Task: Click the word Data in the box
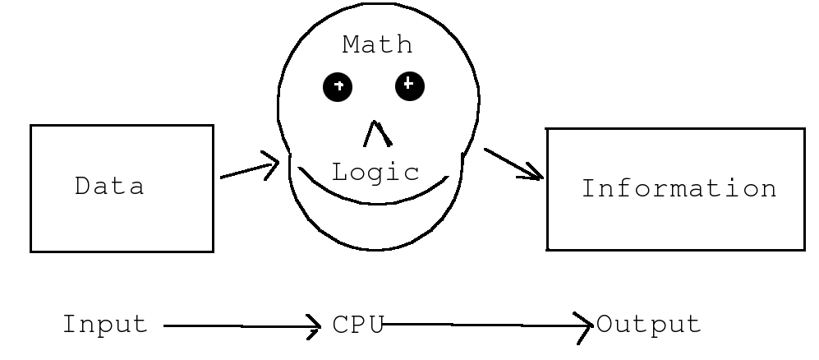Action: pyautogui.click(x=109, y=187)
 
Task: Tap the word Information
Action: pyautogui.click(x=679, y=188)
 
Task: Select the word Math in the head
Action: pyautogui.click(x=377, y=44)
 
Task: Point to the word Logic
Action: pyautogui.click(x=375, y=173)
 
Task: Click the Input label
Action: pyautogui.click(x=105, y=325)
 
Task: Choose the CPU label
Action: pyautogui.click(x=358, y=325)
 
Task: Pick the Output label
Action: pyautogui.click(x=649, y=325)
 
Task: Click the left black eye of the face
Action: pyautogui.click(x=338, y=86)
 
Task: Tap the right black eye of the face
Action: pyautogui.click(x=409, y=85)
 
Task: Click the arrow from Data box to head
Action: pyautogui.click(x=250, y=168)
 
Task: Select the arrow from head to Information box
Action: pyautogui.click(x=513, y=164)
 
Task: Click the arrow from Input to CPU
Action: pyautogui.click(x=242, y=327)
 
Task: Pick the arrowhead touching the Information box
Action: pyautogui.click(x=535, y=173)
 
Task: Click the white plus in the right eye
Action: pyautogui.click(x=409, y=83)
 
